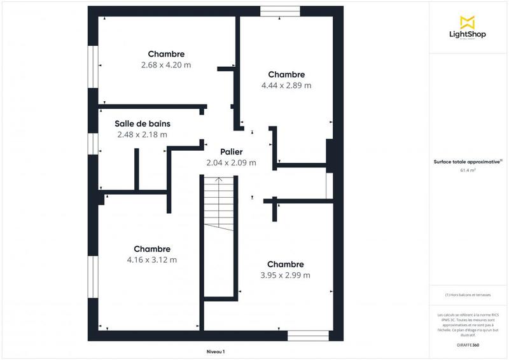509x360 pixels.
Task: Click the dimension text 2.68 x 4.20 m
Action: [166, 65]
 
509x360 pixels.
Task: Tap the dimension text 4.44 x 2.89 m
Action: [286, 85]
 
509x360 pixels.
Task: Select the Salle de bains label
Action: [143, 123]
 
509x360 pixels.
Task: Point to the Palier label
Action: [232, 151]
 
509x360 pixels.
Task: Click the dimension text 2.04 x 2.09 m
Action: [232, 163]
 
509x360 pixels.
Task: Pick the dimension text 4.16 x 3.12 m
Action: [152, 260]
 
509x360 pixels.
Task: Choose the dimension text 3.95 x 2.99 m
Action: [286, 275]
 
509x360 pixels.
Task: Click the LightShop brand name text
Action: [468, 34]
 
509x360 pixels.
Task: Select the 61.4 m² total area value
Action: [468, 170]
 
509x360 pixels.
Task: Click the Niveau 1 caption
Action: [216, 352]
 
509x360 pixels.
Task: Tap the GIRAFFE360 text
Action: [468, 344]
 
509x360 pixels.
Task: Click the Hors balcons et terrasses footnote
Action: [468, 294]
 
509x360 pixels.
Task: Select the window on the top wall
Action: [281, 11]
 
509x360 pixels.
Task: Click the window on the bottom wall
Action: [308, 335]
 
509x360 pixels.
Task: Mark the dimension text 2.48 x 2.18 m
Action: [143, 134]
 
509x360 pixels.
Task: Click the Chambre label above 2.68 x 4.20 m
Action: [166, 54]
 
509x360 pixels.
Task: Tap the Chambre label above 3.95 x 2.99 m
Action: [286, 264]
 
